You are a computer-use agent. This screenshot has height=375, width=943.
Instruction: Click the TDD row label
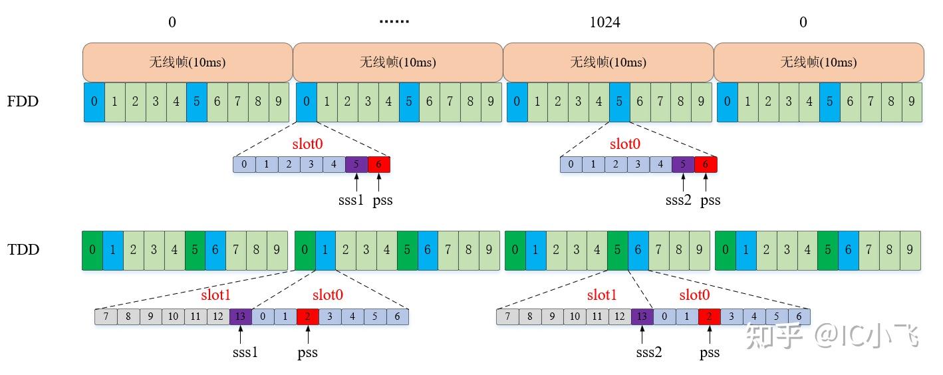23,249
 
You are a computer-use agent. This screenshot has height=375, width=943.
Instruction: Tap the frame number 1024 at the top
605,22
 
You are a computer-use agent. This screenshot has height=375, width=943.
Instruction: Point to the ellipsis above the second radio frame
394,21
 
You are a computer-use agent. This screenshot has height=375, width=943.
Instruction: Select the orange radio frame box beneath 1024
608,62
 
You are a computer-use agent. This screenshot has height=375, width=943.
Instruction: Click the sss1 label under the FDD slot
351,200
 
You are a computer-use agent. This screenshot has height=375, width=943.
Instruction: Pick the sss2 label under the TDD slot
648,352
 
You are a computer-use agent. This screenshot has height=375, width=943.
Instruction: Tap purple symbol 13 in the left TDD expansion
241,316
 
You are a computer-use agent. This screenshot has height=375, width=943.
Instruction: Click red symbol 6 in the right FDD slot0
706,164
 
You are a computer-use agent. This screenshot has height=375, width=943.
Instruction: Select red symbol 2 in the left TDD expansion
307,316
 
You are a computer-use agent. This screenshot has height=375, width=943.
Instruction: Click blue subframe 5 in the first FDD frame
197,102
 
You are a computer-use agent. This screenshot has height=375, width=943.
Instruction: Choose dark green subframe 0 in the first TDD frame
92,250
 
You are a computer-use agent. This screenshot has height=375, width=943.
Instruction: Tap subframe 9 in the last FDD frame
912,102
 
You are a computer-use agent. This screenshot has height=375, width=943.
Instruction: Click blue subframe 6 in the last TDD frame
849,250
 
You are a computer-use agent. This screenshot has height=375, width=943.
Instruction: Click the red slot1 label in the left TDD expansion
215,295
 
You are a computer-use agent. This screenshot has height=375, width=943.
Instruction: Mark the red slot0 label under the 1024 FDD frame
624,144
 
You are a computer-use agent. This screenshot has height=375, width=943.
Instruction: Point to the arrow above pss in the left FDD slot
379,182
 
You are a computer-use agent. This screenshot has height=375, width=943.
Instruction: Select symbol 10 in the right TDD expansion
575,316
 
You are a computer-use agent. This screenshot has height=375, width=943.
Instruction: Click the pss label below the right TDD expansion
710,352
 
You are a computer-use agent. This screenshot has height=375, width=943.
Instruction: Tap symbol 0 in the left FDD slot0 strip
244,164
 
